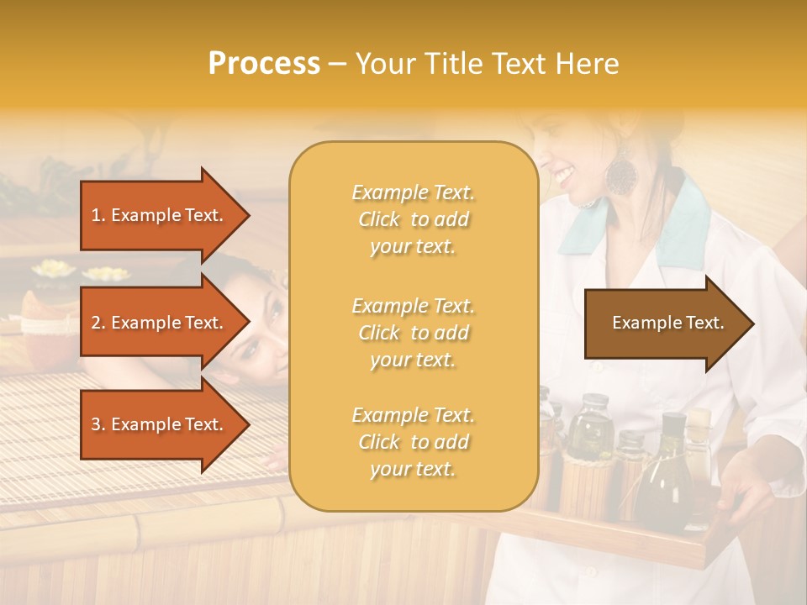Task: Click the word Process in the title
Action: pos(264,64)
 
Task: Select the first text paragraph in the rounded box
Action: pos(413,219)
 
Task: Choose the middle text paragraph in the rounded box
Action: pos(413,333)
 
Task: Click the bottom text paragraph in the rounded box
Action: pos(413,442)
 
